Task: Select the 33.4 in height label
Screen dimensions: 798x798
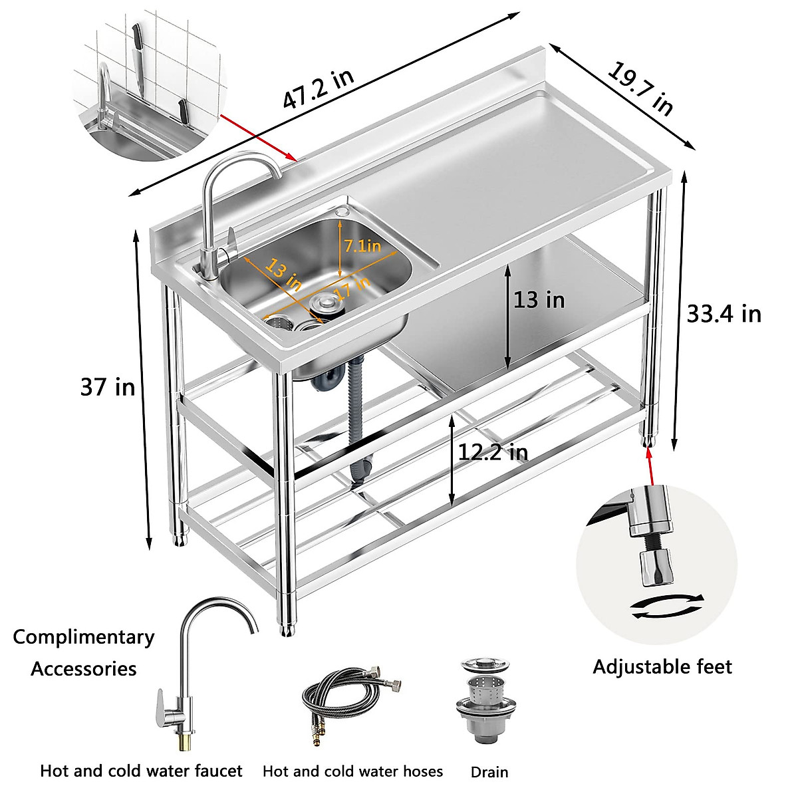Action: pyautogui.click(x=724, y=313)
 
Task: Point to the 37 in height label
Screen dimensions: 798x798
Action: pyautogui.click(x=107, y=387)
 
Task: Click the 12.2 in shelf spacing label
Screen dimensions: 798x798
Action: pyautogui.click(x=493, y=453)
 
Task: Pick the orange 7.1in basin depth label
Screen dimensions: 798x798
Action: pyautogui.click(x=362, y=246)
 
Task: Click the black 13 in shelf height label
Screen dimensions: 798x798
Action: pyautogui.click(x=539, y=300)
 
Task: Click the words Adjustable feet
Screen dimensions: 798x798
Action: pyautogui.click(x=662, y=666)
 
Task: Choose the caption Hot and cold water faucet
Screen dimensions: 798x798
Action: pyautogui.click(x=141, y=771)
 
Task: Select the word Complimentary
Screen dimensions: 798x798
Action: pyautogui.click(x=84, y=637)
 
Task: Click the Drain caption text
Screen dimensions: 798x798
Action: pyautogui.click(x=489, y=772)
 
